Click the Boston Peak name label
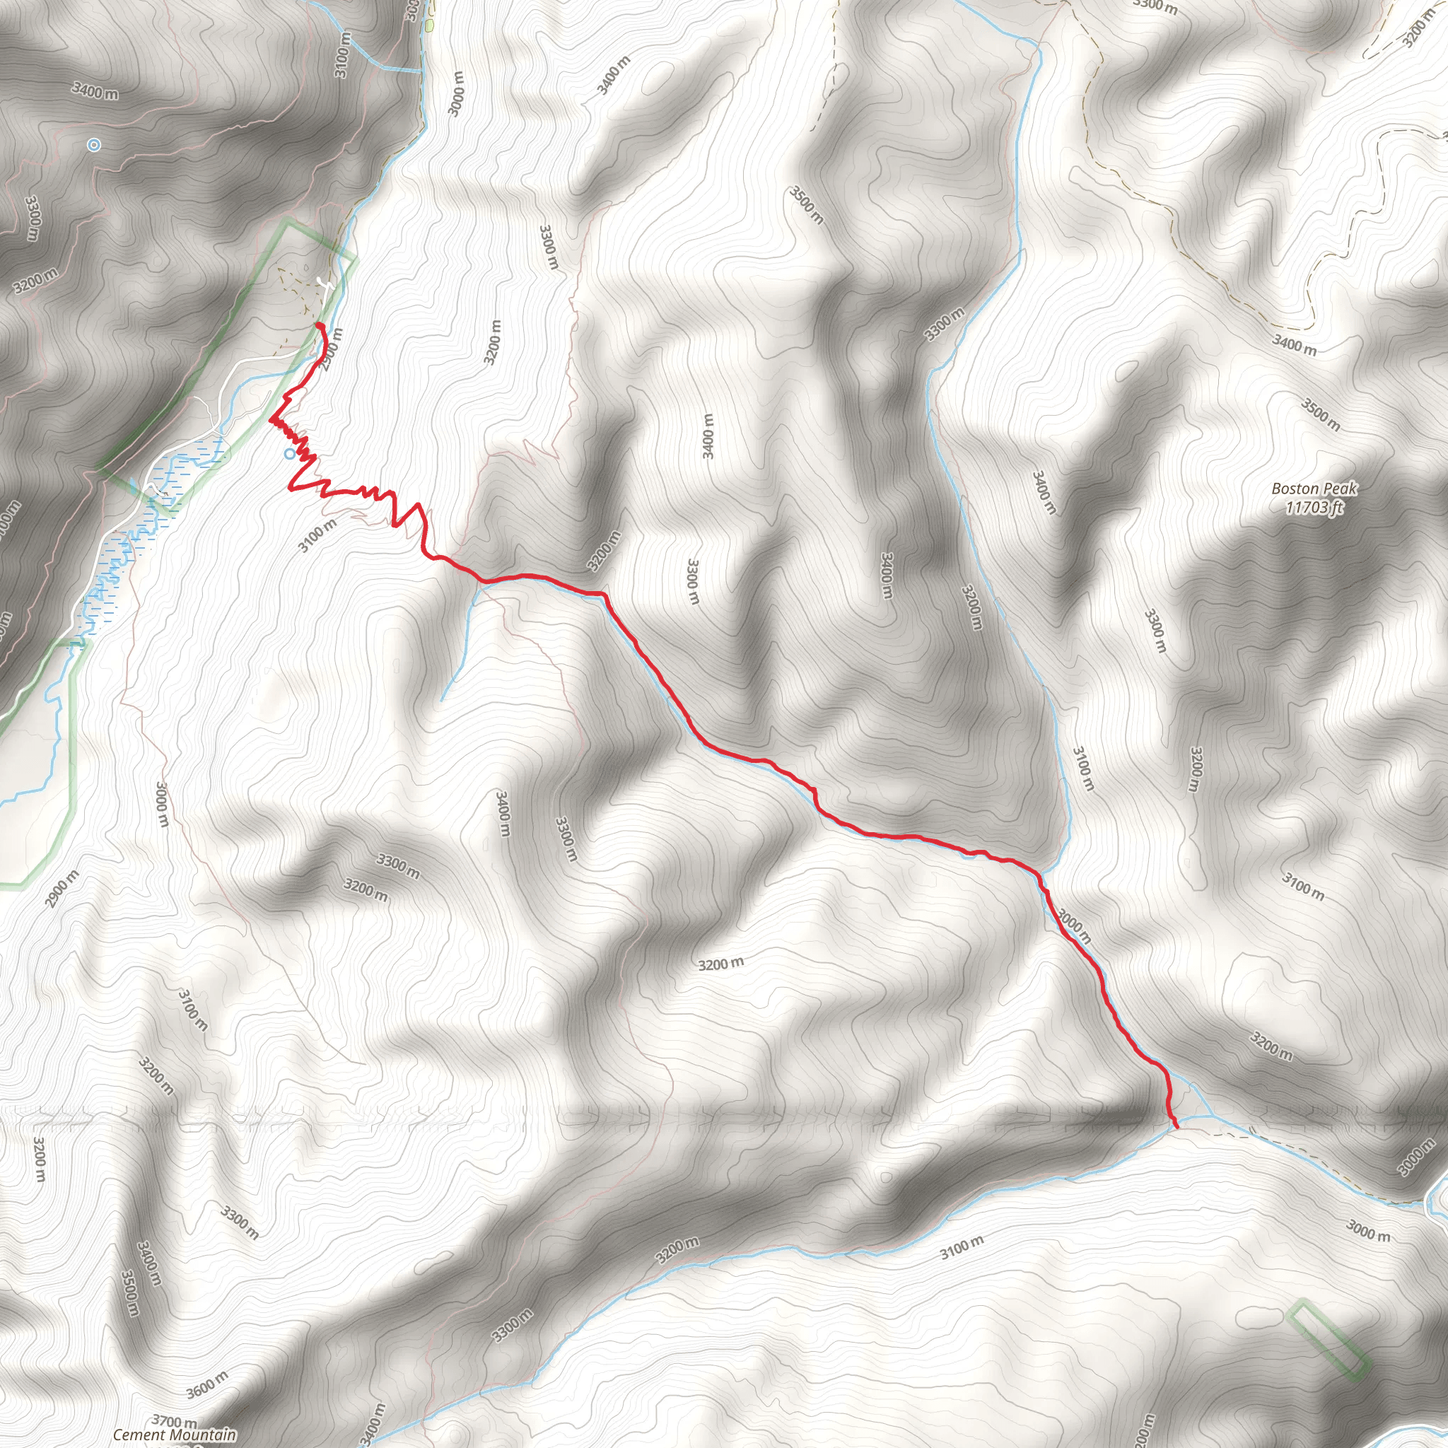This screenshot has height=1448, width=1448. coord(1314,489)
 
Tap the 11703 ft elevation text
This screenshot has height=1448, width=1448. coord(1314,508)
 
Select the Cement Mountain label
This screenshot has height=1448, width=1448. coord(174,1435)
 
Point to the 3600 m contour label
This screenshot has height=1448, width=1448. coord(207,1385)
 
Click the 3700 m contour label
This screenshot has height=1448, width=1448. coord(174,1421)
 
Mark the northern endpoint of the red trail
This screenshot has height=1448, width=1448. coord(320,325)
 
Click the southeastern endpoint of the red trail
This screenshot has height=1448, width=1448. coord(1177,1127)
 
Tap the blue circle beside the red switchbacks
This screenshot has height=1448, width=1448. coord(289,453)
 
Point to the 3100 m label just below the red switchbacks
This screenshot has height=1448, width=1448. coord(317,535)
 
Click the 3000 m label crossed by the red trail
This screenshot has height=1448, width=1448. coord(1073,926)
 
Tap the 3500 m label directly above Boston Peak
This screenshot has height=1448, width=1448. coord(1320,414)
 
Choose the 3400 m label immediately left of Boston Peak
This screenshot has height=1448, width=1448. coord(1044,492)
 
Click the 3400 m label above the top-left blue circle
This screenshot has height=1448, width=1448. coord(95,91)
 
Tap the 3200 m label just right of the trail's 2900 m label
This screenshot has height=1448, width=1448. coord(492,342)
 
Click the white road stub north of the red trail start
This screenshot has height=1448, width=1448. coord(324,284)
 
